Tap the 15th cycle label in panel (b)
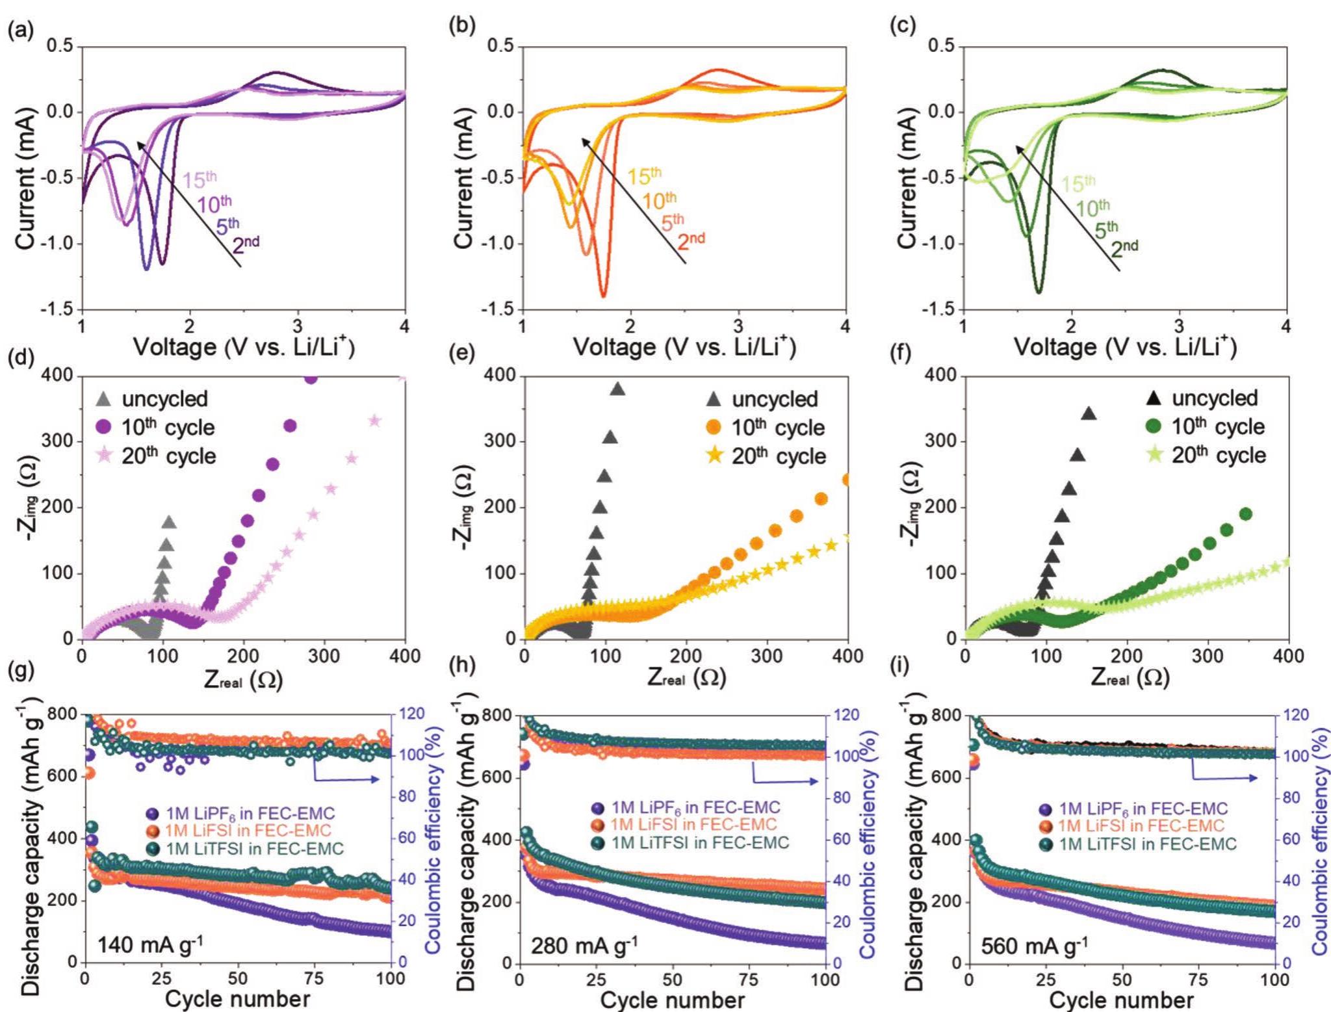point(643,175)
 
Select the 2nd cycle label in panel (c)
point(1124,248)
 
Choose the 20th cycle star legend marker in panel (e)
point(714,456)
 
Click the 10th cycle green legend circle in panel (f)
point(1154,426)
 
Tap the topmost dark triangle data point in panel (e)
point(617,389)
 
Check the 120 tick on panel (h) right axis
point(847,716)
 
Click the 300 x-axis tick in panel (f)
point(1208,656)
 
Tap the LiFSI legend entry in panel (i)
point(1141,826)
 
